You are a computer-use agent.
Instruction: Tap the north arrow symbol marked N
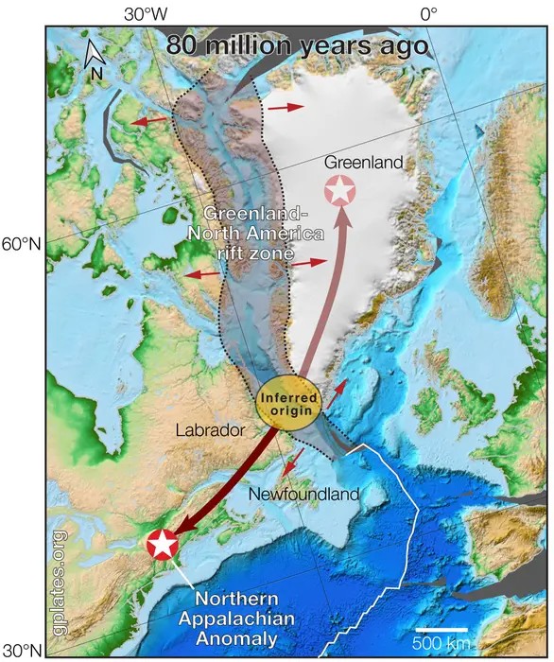coord(95,56)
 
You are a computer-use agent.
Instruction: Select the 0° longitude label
coord(427,13)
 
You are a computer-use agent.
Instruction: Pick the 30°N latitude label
coord(22,651)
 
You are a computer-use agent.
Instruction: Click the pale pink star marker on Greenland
coord(340,190)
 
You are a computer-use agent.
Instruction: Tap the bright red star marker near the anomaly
coord(163,544)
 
